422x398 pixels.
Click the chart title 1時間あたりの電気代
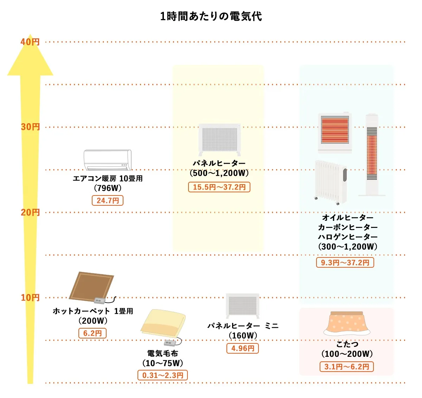211,16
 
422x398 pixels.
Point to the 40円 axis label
30,42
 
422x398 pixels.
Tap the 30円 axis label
30,127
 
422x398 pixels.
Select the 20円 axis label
30,212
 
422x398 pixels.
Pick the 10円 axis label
30,298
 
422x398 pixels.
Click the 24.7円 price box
108,200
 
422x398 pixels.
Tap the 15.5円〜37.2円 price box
219,187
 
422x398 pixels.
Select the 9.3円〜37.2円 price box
345,262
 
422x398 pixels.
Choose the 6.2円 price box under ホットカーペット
92,333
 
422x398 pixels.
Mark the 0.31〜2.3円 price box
162,375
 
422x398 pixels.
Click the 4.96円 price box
243,348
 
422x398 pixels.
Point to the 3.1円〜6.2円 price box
347,367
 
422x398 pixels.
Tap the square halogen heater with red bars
335,132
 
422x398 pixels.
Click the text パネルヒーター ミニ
243,326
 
